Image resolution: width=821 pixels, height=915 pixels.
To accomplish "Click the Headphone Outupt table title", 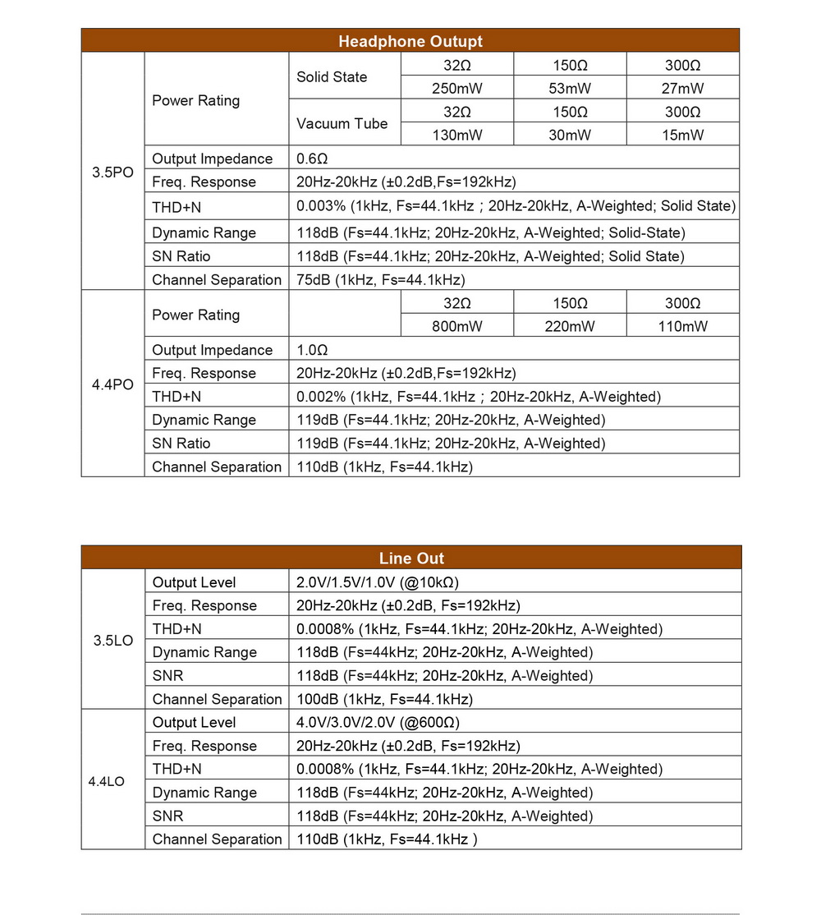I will pyautogui.click(x=410, y=41).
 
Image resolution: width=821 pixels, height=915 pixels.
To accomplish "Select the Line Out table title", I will pyautogui.click(x=411, y=559).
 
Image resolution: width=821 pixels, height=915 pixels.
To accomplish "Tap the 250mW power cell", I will pyautogui.click(x=457, y=89).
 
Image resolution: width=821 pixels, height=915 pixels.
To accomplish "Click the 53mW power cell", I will pyautogui.click(x=570, y=89).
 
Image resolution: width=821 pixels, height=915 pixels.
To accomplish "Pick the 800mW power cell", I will pyautogui.click(x=457, y=326).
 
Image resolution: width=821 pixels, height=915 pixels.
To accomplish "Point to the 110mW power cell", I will pyautogui.click(x=682, y=326).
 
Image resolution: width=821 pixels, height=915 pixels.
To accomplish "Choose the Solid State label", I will pyautogui.click(x=332, y=77).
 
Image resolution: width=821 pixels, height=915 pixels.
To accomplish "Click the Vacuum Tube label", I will pyautogui.click(x=342, y=124).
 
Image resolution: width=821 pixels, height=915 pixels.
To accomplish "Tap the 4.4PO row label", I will pyautogui.click(x=112, y=384).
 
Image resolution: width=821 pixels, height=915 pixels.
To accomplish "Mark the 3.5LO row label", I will pyautogui.click(x=112, y=640).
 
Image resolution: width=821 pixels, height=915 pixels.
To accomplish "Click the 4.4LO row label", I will pyautogui.click(x=106, y=781).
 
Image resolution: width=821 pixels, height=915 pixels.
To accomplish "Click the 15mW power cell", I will pyautogui.click(x=682, y=136).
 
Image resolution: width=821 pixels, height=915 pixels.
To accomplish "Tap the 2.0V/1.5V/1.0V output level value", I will pyautogui.click(x=378, y=582).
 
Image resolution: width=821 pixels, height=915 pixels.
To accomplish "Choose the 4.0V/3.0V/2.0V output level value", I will pyautogui.click(x=378, y=723).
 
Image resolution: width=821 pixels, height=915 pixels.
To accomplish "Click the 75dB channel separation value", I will pyautogui.click(x=380, y=280).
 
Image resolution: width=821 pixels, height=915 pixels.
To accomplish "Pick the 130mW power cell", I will pyautogui.click(x=457, y=136).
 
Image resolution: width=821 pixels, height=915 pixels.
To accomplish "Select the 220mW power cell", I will pyautogui.click(x=570, y=326).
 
